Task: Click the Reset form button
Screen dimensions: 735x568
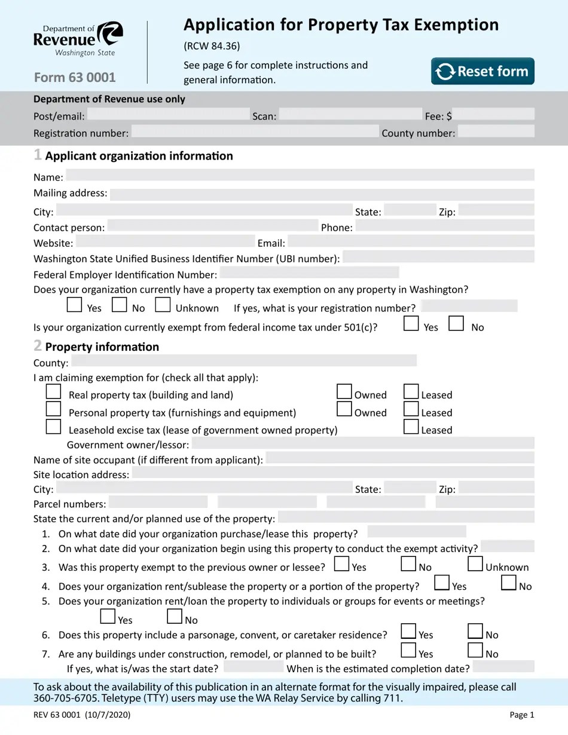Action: pyautogui.click(x=483, y=71)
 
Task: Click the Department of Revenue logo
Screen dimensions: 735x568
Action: pyautogui.click(x=78, y=39)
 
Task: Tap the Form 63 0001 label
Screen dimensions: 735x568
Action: pyautogui.click(x=75, y=78)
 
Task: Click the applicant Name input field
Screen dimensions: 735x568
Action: pyautogui.click(x=300, y=175)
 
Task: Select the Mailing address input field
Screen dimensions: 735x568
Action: pyautogui.click(x=322, y=194)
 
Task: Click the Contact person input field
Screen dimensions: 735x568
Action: pyautogui.click(x=213, y=226)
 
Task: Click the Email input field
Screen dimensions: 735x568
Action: pyautogui.click(x=411, y=241)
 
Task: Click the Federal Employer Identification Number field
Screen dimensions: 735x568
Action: pyautogui.click(x=309, y=273)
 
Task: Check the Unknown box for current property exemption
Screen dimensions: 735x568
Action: pyautogui.click(x=163, y=305)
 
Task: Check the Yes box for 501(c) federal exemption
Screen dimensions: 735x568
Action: pyautogui.click(x=411, y=323)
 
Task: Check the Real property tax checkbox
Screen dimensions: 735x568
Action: pyautogui.click(x=54, y=391)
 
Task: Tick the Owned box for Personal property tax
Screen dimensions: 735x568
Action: pyautogui.click(x=344, y=409)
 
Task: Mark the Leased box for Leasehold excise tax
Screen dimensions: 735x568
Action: pyautogui.click(x=411, y=426)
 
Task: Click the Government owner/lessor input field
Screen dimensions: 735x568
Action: pyautogui.click(x=362, y=443)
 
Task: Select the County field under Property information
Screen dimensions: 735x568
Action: pyautogui.click(x=243, y=361)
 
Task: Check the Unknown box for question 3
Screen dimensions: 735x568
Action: pyautogui.click(x=475, y=563)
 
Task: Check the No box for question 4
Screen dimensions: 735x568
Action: pyautogui.click(x=509, y=583)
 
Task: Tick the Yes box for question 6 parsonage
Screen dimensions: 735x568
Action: pyautogui.click(x=408, y=631)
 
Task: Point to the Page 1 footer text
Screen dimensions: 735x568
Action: pyautogui.click(x=521, y=715)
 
